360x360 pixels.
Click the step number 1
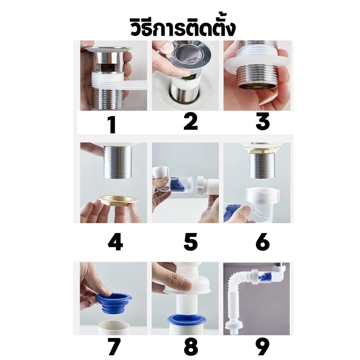pyautogui.click(x=112, y=125)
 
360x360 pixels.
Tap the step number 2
pyautogui.click(x=190, y=122)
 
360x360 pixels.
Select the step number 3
pyautogui.click(x=263, y=121)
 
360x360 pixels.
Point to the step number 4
pyautogui.click(x=115, y=242)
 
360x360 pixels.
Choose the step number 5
pyautogui.click(x=190, y=242)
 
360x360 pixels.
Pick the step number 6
pyautogui.click(x=263, y=242)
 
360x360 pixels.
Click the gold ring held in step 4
pyautogui.click(x=118, y=199)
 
